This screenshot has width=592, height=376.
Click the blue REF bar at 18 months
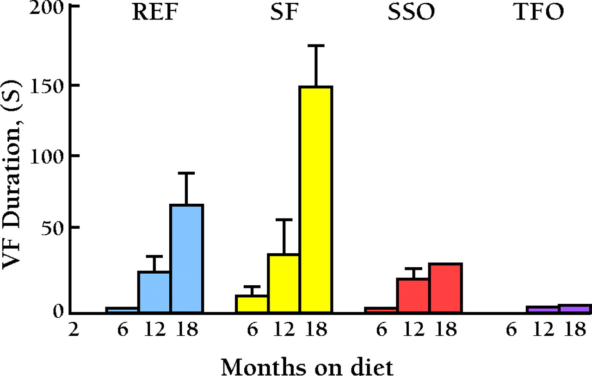click(x=186, y=258)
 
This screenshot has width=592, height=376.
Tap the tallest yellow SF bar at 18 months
click(x=316, y=199)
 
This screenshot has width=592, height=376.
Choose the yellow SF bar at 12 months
click(x=284, y=283)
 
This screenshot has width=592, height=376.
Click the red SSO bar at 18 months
click(x=445, y=288)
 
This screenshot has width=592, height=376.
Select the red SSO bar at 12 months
click(x=413, y=295)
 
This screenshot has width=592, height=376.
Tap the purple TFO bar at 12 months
click(x=543, y=309)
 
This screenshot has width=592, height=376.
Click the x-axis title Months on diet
click(x=307, y=366)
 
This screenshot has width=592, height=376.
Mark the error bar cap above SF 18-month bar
click(x=316, y=46)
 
